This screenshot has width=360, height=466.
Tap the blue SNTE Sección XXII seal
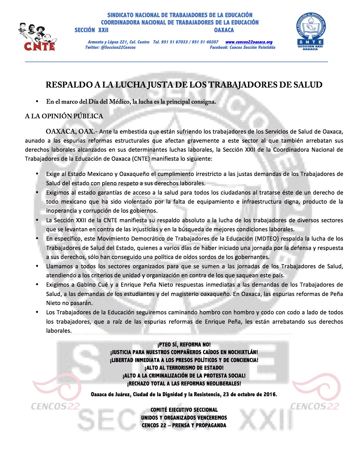[310, 32]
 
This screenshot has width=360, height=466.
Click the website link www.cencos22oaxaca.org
[249, 42]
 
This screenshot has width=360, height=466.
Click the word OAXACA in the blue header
[224, 30]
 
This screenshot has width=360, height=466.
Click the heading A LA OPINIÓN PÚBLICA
[64, 116]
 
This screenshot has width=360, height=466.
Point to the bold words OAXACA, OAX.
[70, 131]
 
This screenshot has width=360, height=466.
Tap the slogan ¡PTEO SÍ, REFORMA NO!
[184, 345]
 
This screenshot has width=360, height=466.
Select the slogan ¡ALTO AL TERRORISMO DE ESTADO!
[184, 368]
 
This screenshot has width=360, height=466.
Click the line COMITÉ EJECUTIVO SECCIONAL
[184, 410]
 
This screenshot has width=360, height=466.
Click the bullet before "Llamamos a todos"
[37, 266]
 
